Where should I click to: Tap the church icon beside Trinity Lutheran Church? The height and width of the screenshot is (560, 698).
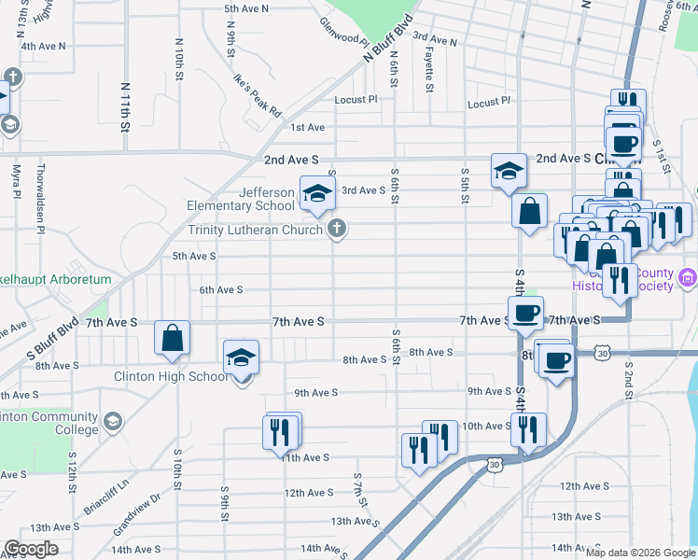click(x=337, y=229)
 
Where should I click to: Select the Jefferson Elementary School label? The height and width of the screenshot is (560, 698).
click(x=241, y=199)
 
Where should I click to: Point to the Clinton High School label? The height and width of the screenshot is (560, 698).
click(x=171, y=376)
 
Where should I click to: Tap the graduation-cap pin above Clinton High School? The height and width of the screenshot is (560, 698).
click(x=241, y=357)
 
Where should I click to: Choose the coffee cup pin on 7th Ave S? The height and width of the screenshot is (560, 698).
click(x=524, y=314)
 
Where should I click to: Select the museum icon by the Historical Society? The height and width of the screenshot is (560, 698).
click(x=688, y=277)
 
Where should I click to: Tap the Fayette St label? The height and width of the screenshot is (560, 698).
click(x=429, y=71)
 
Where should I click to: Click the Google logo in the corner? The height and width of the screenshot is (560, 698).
click(x=31, y=549)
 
